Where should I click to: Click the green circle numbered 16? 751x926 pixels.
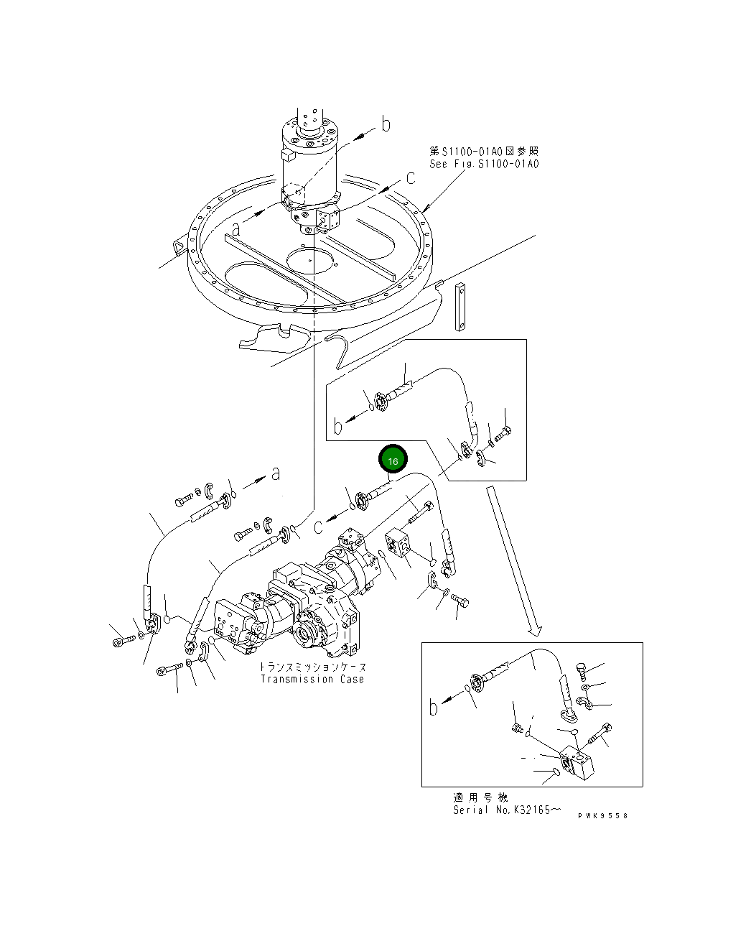[393, 460]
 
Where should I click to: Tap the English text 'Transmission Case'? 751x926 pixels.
[312, 679]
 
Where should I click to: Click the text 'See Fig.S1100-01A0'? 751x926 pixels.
[484, 164]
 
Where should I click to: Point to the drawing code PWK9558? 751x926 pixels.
[602, 815]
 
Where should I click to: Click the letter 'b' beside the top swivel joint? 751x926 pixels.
[386, 125]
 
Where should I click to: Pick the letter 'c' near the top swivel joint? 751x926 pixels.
[410, 177]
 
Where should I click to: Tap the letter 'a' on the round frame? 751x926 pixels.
[235, 229]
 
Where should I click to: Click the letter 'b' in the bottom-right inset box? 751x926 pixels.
[433, 708]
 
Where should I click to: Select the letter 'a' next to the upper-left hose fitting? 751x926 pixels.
[275, 473]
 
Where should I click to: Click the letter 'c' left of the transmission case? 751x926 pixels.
[317, 527]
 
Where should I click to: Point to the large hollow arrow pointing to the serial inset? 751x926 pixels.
[513, 560]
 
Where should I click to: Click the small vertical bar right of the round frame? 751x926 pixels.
[460, 306]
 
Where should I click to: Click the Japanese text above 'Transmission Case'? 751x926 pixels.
[312, 667]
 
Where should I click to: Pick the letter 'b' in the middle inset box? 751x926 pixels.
[338, 427]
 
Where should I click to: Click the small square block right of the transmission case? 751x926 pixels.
[396, 542]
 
